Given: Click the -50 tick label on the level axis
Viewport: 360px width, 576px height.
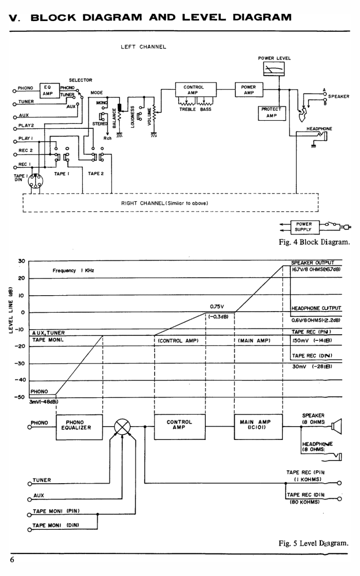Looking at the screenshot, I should (20, 397).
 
